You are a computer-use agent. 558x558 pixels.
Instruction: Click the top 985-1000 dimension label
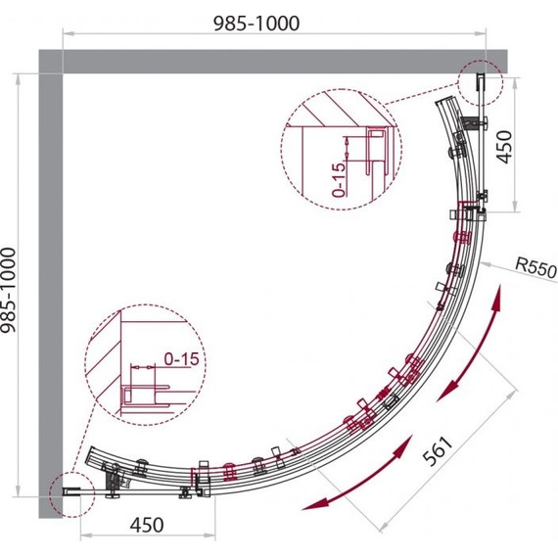pos(256,23)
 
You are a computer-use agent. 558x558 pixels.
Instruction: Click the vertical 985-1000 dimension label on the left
pos(9,290)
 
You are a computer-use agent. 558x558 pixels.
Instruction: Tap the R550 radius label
pos(536,267)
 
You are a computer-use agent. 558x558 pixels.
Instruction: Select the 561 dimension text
pos(438,451)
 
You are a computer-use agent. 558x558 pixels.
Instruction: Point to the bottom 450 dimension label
pos(147,525)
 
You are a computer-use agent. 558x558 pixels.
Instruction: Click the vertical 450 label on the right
pos(504,147)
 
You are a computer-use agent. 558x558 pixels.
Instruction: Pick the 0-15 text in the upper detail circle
pos(339,180)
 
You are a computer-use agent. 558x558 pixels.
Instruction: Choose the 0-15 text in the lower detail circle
pos(181,359)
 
